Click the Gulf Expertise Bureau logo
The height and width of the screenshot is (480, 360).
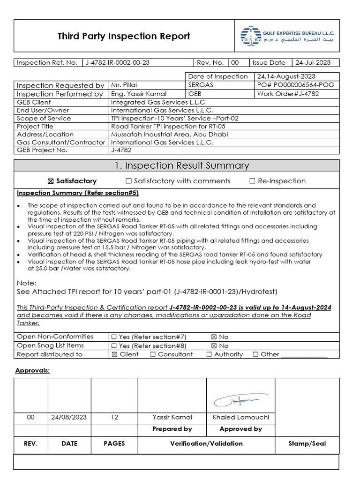(x=250, y=36)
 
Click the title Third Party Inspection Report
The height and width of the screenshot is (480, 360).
(x=124, y=36)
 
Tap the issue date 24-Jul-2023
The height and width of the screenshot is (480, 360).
(x=311, y=63)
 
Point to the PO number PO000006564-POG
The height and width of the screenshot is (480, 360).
(x=291, y=85)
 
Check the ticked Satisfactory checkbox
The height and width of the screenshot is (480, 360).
(x=51, y=181)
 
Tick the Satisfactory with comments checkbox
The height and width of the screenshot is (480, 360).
(x=128, y=181)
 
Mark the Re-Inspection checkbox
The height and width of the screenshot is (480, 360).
(x=253, y=181)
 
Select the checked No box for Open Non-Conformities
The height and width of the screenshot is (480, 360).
(x=214, y=337)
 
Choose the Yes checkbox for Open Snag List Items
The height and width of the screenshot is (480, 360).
(x=114, y=345)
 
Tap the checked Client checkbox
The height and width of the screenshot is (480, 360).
(x=114, y=354)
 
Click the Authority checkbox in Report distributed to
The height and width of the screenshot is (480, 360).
(x=209, y=354)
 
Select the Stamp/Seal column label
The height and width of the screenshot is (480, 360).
(x=307, y=443)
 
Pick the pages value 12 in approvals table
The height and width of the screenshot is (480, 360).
(x=114, y=417)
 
